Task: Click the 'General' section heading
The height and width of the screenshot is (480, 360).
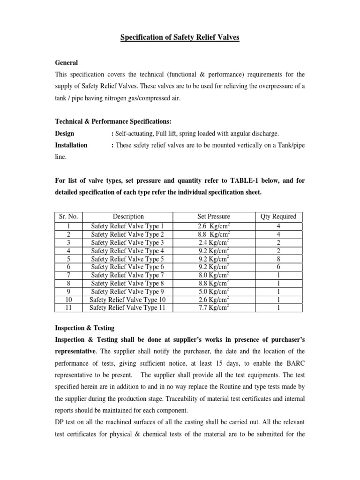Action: [x=67, y=63]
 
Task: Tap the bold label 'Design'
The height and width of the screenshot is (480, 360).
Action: [x=65, y=134]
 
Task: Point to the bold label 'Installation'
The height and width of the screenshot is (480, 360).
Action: [x=71, y=145]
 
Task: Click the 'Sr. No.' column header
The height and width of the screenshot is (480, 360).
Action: [x=68, y=217]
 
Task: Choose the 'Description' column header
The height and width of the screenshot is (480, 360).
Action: [x=128, y=217]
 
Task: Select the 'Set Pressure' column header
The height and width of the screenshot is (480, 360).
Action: [x=214, y=217]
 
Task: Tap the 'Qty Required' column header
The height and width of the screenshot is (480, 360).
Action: [x=278, y=217]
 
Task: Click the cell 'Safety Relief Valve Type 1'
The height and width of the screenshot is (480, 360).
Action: [x=128, y=226]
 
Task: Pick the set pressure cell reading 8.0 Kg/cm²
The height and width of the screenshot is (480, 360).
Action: [x=214, y=275]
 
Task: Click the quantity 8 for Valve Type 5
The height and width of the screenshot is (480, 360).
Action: [x=278, y=258]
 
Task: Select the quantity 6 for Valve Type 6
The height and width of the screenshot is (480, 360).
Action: [x=278, y=267]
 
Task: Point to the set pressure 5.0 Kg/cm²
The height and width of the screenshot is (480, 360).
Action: [x=214, y=291]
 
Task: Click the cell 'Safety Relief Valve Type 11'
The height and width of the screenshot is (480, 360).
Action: [x=128, y=307]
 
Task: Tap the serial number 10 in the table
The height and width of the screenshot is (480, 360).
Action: [x=68, y=300]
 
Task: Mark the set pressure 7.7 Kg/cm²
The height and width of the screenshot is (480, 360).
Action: [x=214, y=307]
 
